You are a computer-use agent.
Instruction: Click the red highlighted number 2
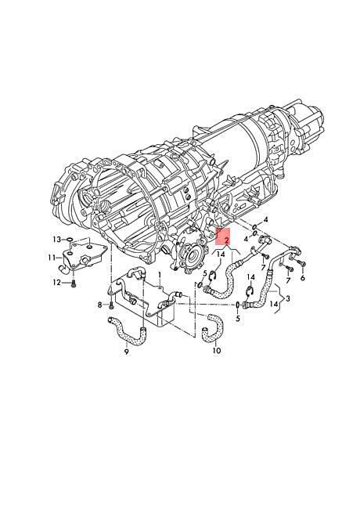click(226, 240)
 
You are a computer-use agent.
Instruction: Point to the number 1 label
click(160, 276)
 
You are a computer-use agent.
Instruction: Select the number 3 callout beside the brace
click(288, 298)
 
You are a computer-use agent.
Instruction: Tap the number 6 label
click(303, 278)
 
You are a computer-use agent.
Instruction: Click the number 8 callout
click(100, 305)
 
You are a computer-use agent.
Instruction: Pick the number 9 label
click(127, 352)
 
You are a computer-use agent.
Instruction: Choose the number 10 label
click(217, 351)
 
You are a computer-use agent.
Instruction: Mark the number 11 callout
click(51, 258)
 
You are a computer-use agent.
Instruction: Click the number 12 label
click(57, 283)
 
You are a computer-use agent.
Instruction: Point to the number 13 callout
click(57, 240)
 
